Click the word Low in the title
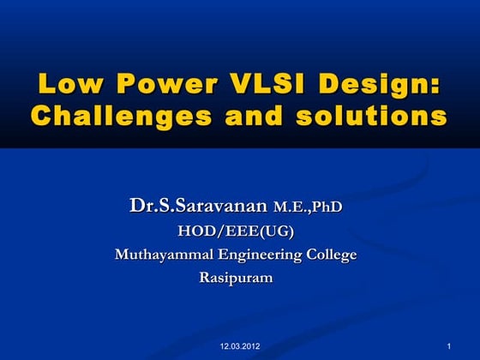[66, 86]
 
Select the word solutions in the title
[369, 115]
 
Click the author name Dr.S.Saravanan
[199, 207]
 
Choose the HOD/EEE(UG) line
[239, 231]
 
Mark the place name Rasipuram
[239, 278]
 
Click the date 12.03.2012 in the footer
[240, 345]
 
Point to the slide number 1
[449, 345]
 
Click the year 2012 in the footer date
[251, 345]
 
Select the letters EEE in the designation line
[243, 231]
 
